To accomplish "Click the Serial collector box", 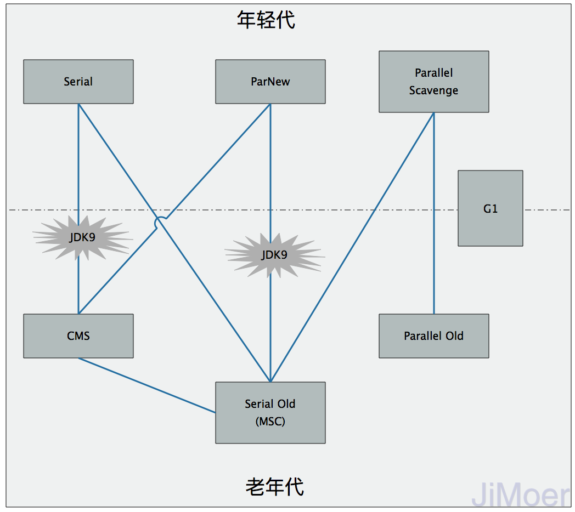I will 78,82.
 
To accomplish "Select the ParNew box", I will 270,82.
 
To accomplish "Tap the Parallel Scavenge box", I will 433,82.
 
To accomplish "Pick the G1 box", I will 490,208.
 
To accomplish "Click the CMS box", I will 78,336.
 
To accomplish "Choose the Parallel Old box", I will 433,336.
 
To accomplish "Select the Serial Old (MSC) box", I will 270,412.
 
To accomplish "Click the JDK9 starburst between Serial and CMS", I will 82,238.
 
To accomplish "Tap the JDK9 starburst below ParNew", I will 274,255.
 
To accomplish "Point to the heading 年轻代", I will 266,20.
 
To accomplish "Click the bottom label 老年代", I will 274,486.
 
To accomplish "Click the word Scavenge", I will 433,90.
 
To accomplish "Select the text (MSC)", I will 270,422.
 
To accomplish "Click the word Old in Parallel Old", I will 454,336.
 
